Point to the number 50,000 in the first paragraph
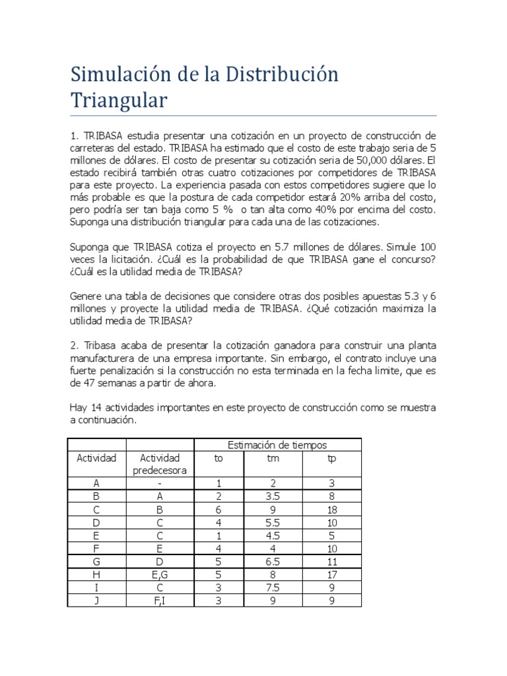pyautogui.click(x=322, y=160)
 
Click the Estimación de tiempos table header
pyautogui.click(x=277, y=446)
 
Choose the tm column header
pyautogui.click(x=273, y=458)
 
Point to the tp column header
pyautogui.click(x=331, y=458)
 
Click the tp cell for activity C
pyautogui.click(x=331, y=509)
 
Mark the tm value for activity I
pyautogui.click(x=273, y=587)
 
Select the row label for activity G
pyautogui.click(x=96, y=561)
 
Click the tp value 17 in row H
pyautogui.click(x=331, y=574)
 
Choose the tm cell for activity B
pyautogui.click(x=273, y=496)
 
